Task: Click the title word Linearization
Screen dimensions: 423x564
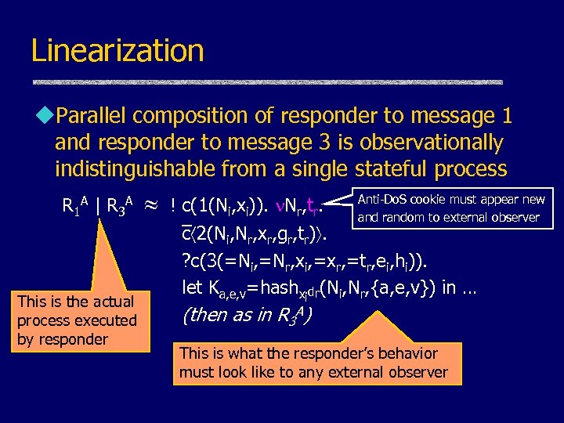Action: [x=117, y=51]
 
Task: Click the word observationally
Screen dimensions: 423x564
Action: [x=424, y=143]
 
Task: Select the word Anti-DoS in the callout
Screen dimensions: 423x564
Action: [x=384, y=200]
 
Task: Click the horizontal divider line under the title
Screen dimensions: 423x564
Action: [x=266, y=81]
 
